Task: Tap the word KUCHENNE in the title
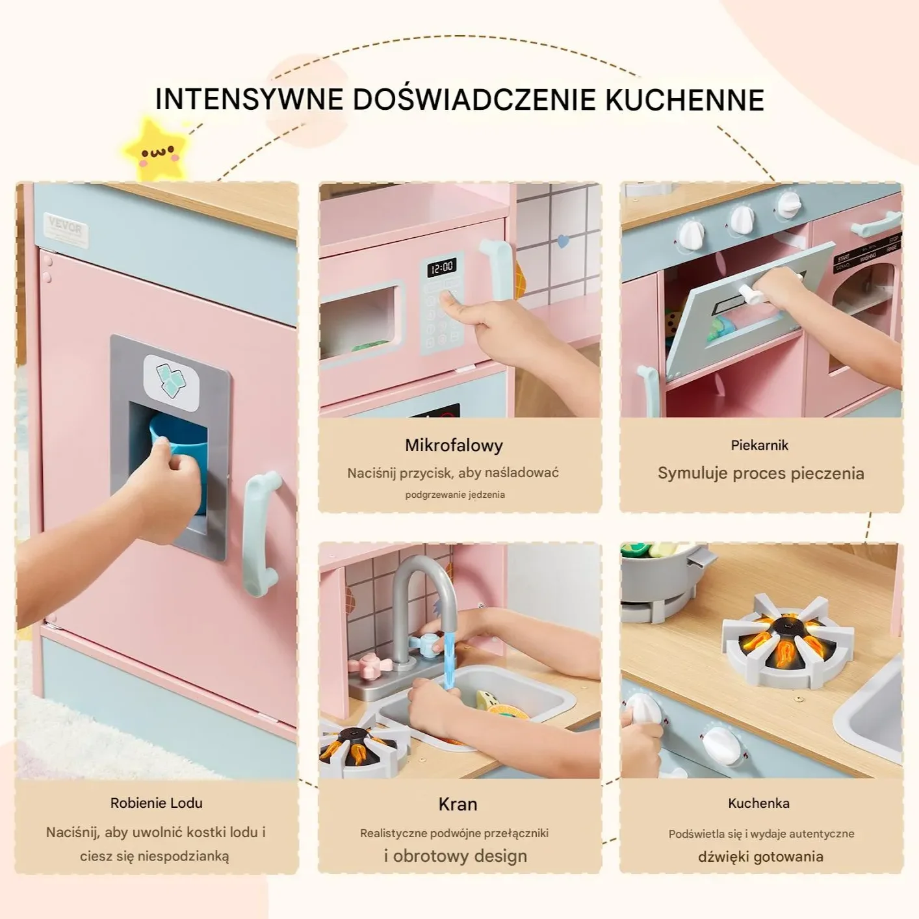click(x=684, y=99)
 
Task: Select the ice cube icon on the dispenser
click(x=172, y=382)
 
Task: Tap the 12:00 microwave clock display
click(x=441, y=267)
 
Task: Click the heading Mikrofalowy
click(x=454, y=445)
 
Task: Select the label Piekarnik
click(x=759, y=445)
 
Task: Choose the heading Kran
click(x=458, y=804)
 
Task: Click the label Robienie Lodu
click(x=157, y=803)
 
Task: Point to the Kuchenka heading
click(x=758, y=803)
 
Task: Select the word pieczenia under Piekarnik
click(x=827, y=473)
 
